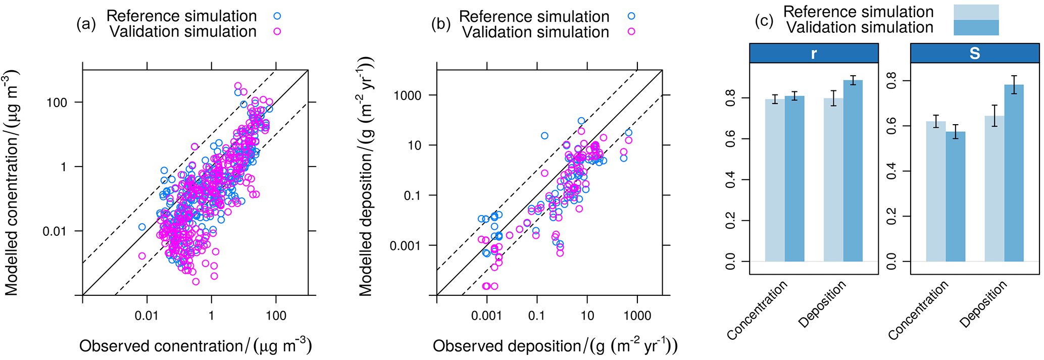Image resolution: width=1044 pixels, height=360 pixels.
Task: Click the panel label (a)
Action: [86, 24]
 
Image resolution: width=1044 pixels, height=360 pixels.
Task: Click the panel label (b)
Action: [440, 24]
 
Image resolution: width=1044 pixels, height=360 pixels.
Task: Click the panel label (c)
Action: [764, 20]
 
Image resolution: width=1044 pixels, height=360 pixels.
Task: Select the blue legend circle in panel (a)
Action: [277, 16]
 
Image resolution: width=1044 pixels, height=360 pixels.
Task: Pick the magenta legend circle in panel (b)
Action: [631, 32]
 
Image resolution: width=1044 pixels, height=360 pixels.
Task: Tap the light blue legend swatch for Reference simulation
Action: [976, 12]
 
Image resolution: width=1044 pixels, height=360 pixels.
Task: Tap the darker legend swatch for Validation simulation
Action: [976, 28]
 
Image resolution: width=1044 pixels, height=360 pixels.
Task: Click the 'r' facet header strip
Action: [813, 53]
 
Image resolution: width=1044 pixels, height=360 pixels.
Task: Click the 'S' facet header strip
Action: [974, 53]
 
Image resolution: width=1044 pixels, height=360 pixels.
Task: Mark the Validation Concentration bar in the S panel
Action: [955, 196]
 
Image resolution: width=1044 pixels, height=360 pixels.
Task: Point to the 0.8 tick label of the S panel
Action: [891, 81]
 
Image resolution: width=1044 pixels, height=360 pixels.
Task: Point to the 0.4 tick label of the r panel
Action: [730, 179]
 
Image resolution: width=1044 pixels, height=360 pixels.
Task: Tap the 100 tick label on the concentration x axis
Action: [276, 316]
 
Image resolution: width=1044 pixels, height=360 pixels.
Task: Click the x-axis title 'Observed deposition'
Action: [555, 346]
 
